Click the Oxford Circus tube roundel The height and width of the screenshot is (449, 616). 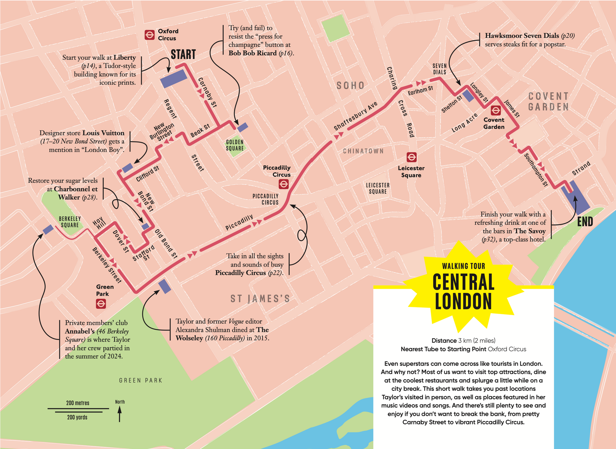click(150, 35)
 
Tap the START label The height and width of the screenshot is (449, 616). click(183, 55)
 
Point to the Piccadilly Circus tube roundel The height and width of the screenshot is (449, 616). click(284, 184)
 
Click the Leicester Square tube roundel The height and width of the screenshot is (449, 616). click(412, 157)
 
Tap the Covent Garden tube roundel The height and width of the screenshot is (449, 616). click(496, 111)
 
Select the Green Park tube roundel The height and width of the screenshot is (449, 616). click(101, 303)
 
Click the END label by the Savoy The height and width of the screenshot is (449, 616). click(585, 222)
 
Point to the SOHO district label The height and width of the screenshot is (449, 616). click(350, 85)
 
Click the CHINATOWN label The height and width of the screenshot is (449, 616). click(363, 151)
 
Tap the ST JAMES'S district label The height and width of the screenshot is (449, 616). click(260, 299)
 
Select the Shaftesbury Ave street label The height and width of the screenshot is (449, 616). click(355, 116)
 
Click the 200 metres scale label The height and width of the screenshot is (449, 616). click(78, 403)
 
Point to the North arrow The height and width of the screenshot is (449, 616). click(120, 413)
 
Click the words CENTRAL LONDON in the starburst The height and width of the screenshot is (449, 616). click(463, 292)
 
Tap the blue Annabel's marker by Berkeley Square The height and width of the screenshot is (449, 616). click(48, 229)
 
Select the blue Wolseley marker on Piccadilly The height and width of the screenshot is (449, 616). click(165, 286)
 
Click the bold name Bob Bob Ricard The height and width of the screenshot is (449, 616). click(252, 53)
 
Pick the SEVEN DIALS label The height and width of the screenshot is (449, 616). click(440, 69)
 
